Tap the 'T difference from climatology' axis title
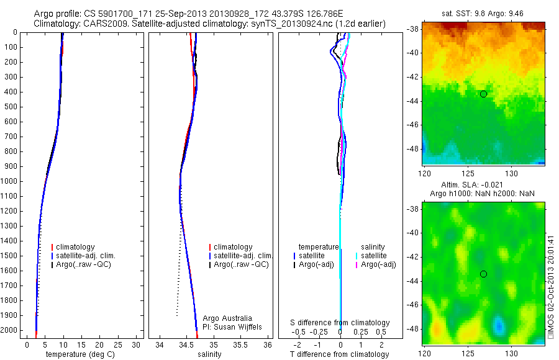pyautogui.click(x=339, y=354)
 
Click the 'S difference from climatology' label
pyautogui.click(x=340, y=323)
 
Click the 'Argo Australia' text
pyautogui.click(x=227, y=318)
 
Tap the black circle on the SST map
pyautogui.click(x=483, y=94)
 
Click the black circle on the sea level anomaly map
pyautogui.click(x=483, y=274)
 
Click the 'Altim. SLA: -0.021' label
pyautogui.click(x=483, y=185)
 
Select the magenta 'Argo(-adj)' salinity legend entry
pyautogui.click(x=378, y=265)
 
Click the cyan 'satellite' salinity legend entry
pyautogui.click(x=375, y=256)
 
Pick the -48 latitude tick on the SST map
pyautogui.click(x=412, y=148)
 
